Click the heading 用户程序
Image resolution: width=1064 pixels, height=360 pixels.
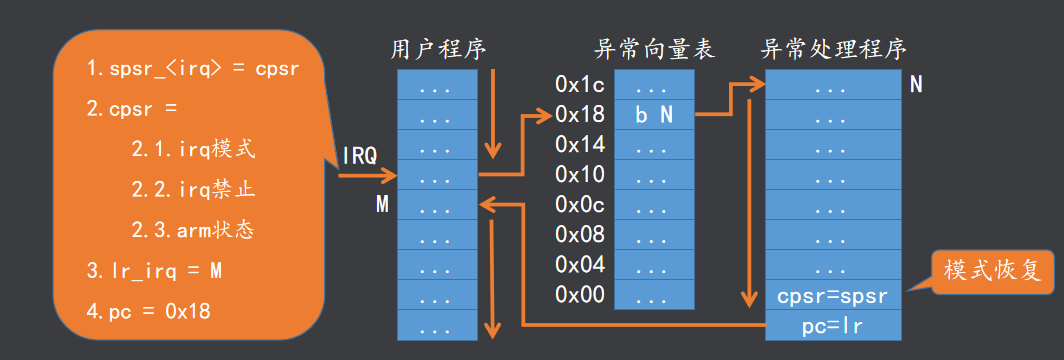pyautogui.click(x=436, y=50)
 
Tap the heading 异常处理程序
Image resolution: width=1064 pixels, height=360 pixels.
pyautogui.click(x=834, y=50)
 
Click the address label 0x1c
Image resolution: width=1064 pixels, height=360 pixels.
pyautogui.click(x=580, y=86)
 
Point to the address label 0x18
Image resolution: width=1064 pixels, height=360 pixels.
pyautogui.click(x=580, y=115)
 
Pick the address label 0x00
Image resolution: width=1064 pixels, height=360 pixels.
pyautogui.click(x=580, y=295)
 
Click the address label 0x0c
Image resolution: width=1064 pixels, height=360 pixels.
pyautogui.click(x=580, y=205)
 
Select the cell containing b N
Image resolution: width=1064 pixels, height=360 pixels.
pyautogui.click(x=654, y=115)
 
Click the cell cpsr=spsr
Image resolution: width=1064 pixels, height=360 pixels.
pyautogui.click(x=833, y=296)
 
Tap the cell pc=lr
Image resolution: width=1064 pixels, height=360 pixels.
pyautogui.click(x=833, y=325)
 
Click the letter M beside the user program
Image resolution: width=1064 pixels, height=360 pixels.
pyautogui.click(x=382, y=205)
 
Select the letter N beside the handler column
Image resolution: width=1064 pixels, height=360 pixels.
pyautogui.click(x=916, y=86)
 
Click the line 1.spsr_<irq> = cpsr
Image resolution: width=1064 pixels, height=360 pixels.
pyautogui.click(x=192, y=71)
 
